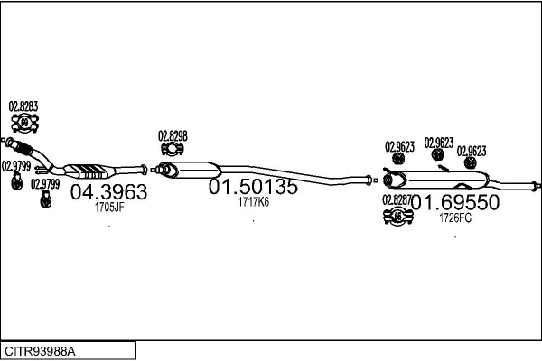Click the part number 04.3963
tap(109, 192)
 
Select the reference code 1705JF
tap(109, 208)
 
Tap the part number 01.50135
tap(253, 187)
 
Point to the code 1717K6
tap(253, 202)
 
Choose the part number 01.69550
tap(455, 202)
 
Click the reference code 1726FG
tap(455, 218)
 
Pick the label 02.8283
tap(23, 106)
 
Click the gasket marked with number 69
tap(24, 123)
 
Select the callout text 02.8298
tap(173, 136)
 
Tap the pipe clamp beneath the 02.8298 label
tap(173, 149)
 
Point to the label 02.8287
tap(397, 199)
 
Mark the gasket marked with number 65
tap(398, 217)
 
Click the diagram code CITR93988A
tap(40, 351)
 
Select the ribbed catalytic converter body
tap(90, 171)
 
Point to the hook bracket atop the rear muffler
tap(444, 168)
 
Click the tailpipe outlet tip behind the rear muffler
tap(536, 186)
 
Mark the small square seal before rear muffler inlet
tap(376, 180)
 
